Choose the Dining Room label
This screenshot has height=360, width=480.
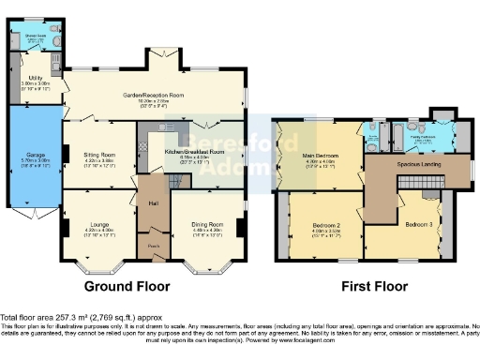(210, 224)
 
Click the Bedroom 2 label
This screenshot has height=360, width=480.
(324, 226)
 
